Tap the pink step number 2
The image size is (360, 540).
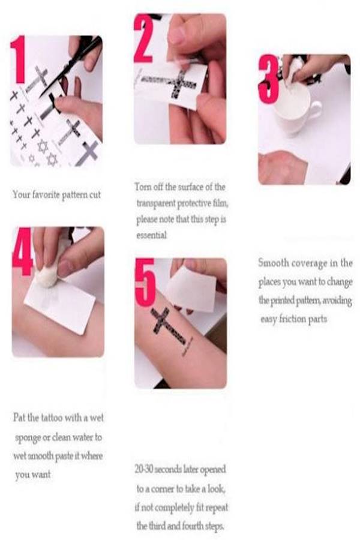click(x=143, y=38)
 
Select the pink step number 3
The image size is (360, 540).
click(x=269, y=79)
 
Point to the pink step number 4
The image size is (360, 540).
click(x=23, y=251)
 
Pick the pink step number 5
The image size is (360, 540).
click(x=145, y=283)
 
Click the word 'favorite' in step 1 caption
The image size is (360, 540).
click(x=46, y=194)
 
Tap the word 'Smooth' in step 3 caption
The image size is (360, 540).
click(x=274, y=263)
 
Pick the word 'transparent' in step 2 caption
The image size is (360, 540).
click(x=156, y=203)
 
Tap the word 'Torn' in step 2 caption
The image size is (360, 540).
click(x=141, y=187)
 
